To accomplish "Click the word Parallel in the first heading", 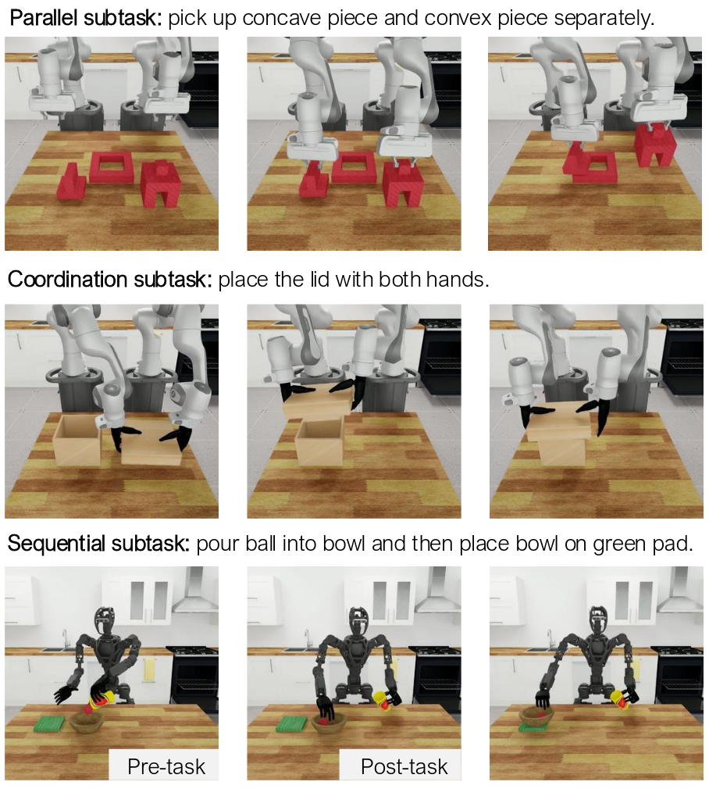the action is point(44,18).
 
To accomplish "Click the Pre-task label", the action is point(166,767).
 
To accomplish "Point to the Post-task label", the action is point(404,767).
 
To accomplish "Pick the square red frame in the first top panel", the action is point(111,167).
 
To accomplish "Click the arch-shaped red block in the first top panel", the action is point(161,184).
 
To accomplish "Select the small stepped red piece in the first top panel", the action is point(72,182).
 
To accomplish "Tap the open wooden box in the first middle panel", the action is point(77,440).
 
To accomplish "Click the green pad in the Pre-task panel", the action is point(49,723).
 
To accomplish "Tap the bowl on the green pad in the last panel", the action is point(536,716).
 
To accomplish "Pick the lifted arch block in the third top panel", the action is point(654,145).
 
